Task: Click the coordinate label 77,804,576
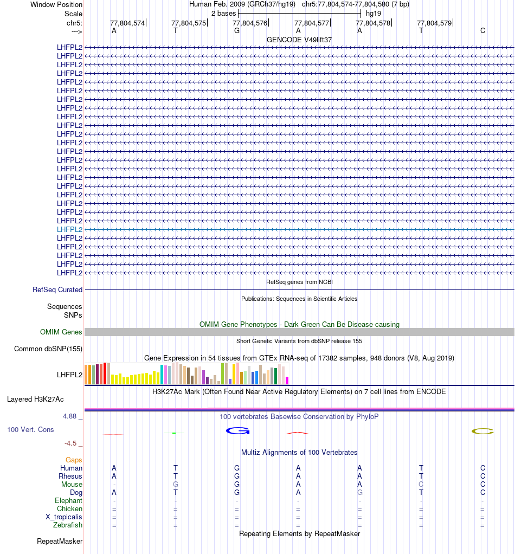[250, 23]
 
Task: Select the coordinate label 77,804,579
[434, 23]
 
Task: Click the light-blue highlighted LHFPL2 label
[69, 229]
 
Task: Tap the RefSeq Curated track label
[57, 290]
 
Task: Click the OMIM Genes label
[61, 332]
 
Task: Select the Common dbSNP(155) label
[48, 349]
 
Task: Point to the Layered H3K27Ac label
[35, 400]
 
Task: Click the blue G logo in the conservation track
[237, 431]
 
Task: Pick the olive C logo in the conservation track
[482, 431]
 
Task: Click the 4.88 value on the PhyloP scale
[70, 416]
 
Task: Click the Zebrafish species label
[68, 525]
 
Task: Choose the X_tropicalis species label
[64, 517]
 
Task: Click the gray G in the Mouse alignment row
[176, 484]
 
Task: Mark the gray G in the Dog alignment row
[359, 492]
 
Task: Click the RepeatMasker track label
[60, 541]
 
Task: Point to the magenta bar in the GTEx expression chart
[287, 380]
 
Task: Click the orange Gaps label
[74, 460]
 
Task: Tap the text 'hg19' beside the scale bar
[373, 13]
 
